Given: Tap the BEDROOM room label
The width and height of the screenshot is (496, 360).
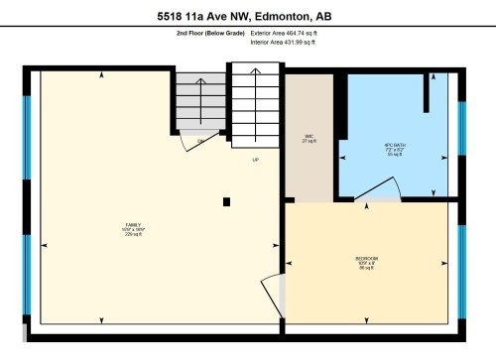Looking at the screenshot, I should pos(366,263).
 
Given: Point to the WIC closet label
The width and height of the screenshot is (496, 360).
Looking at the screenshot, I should pos(309,139).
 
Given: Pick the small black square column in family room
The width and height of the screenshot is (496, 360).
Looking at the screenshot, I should pos(227,201).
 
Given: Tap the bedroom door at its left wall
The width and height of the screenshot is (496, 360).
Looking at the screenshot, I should pos(281,292).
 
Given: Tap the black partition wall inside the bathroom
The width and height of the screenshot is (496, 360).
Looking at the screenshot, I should pos(428,100).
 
